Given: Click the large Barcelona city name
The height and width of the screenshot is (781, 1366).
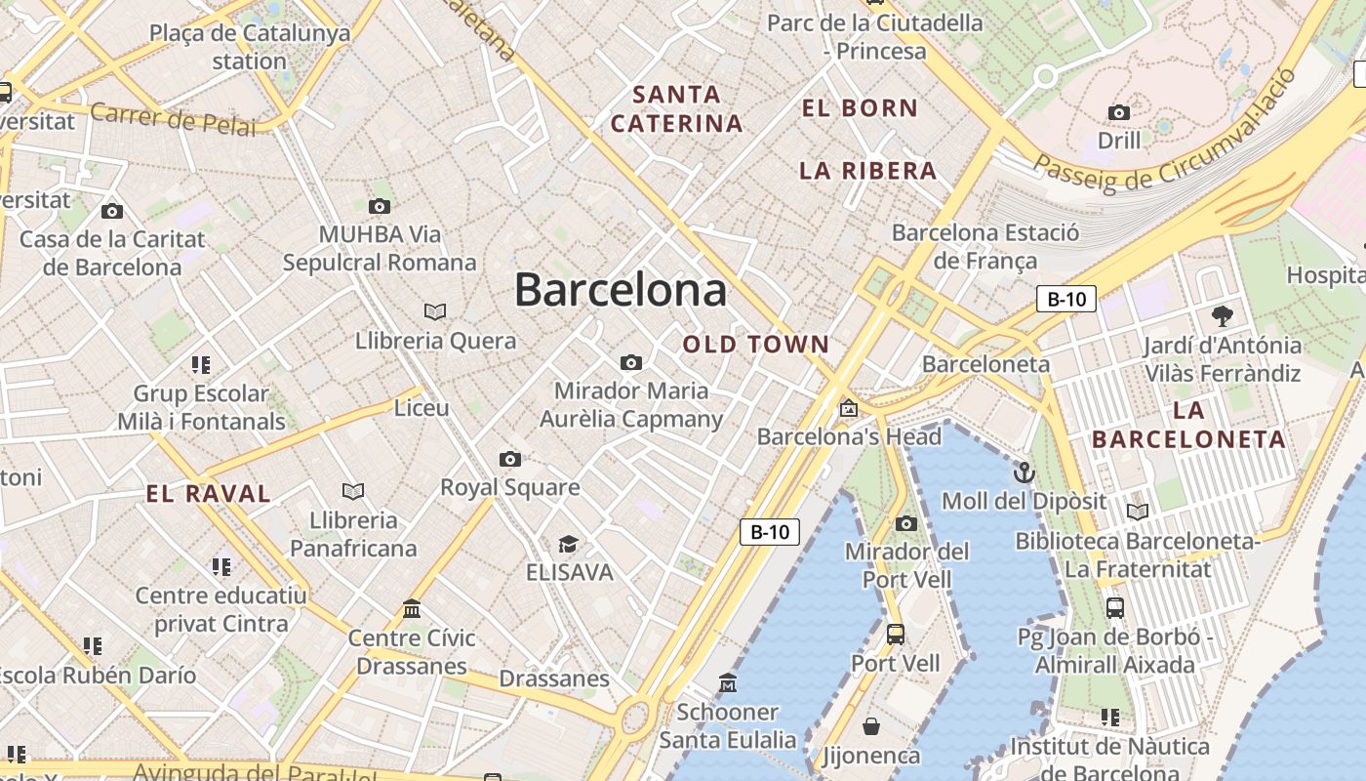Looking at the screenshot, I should pos(621,290).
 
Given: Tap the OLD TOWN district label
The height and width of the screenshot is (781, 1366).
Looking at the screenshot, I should pos(756,345).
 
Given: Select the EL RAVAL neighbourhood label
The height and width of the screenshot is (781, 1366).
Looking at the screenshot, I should pos(209,494).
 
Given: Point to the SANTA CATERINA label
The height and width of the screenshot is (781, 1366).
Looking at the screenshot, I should pos(677,109).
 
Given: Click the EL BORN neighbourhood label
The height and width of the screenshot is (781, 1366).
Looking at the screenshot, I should pos(860,108).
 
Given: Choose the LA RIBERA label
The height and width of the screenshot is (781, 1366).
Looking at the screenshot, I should pos(867,171).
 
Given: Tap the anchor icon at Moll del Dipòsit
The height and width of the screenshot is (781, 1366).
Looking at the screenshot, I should pos(1024,473).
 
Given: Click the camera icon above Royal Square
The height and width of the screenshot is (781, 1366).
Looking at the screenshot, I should pos(509,459).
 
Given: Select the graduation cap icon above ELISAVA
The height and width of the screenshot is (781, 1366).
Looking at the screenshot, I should pos(568,544).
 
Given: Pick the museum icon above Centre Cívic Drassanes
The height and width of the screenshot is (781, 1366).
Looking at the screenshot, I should pos(412,609).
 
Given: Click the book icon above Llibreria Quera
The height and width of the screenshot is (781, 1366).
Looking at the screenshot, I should pos(435,311).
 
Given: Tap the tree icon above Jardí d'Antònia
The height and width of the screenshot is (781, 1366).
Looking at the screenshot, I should pos(1222,315).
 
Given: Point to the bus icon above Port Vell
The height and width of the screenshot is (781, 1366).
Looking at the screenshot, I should pos(895,635).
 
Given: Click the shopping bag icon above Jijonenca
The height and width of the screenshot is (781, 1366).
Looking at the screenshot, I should pos(871,726).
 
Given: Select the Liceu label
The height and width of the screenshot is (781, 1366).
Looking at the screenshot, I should pos(422,408).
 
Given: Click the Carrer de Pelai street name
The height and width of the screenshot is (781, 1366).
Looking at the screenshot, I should pos(173,120).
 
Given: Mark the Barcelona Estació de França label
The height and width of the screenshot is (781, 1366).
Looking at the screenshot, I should pos(985,247).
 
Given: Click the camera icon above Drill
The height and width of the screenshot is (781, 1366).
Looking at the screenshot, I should pos(1119,112).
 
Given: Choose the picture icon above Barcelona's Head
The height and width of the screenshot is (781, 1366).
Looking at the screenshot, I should pos(849,408).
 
